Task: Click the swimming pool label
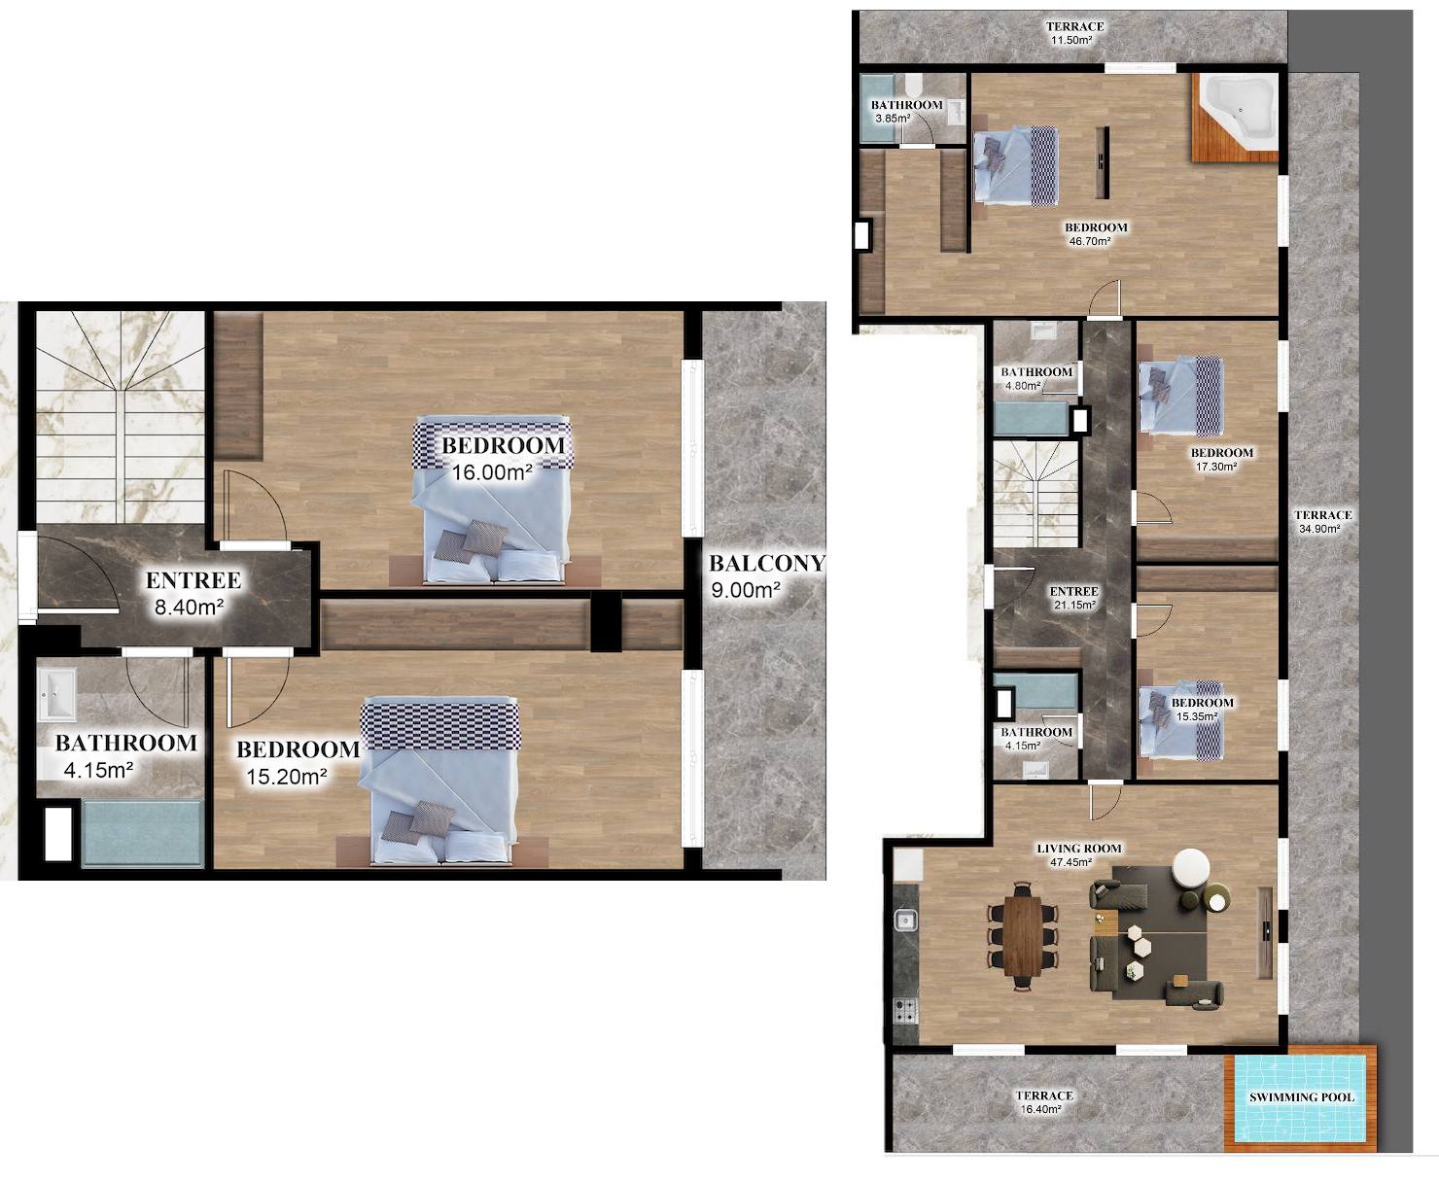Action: click(x=1302, y=1097)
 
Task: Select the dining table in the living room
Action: click(x=1022, y=935)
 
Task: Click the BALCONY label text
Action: click(x=767, y=564)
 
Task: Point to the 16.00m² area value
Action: click(x=492, y=471)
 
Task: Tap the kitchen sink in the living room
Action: click(x=905, y=920)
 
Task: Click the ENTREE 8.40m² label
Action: click(x=193, y=593)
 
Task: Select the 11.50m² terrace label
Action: click(x=1074, y=33)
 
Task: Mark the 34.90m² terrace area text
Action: click(x=1318, y=528)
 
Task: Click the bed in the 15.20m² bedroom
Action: click(x=440, y=780)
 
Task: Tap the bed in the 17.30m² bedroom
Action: click(x=1181, y=395)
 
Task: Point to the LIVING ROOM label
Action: click(x=1078, y=849)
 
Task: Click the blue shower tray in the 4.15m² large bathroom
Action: click(x=142, y=833)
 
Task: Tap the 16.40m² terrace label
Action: click(x=1044, y=1102)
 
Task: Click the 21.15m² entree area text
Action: click(x=1074, y=605)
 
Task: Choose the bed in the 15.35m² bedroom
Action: click(x=1181, y=719)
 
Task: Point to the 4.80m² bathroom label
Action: click(x=1036, y=378)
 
